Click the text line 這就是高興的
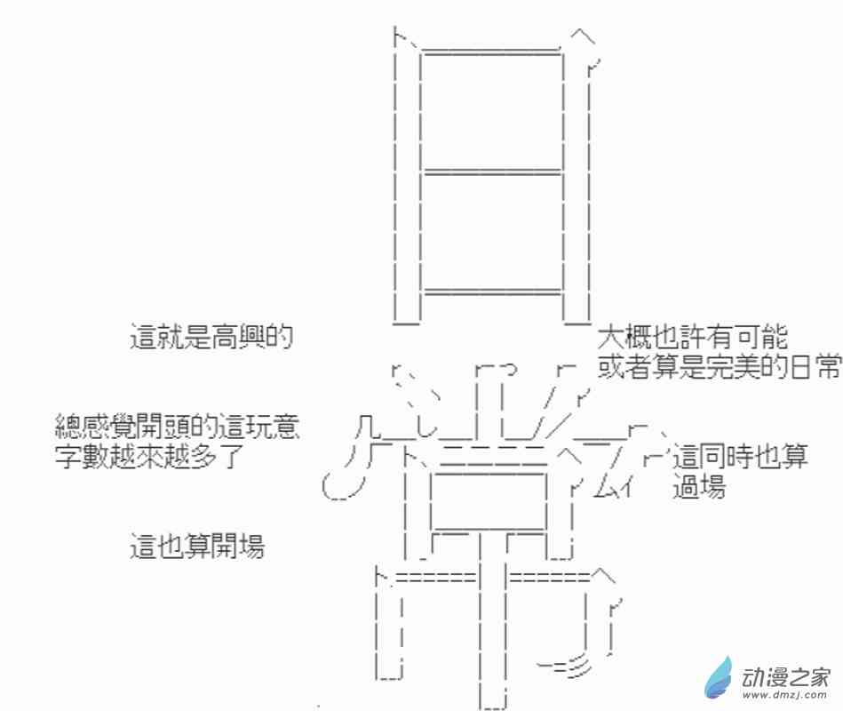[211, 337]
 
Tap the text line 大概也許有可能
[693, 337]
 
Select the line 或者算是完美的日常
[719, 367]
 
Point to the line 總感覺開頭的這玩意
[177, 427]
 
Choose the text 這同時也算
[740, 456]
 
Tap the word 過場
[699, 486]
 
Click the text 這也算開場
[197, 546]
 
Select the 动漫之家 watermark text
[786, 677]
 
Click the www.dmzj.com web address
[785, 695]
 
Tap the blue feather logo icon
[719, 677]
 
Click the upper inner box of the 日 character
[491, 111]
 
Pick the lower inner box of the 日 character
[491, 232]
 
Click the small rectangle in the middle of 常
[489, 501]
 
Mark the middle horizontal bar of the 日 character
[491, 172]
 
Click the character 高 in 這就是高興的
[225, 337]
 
